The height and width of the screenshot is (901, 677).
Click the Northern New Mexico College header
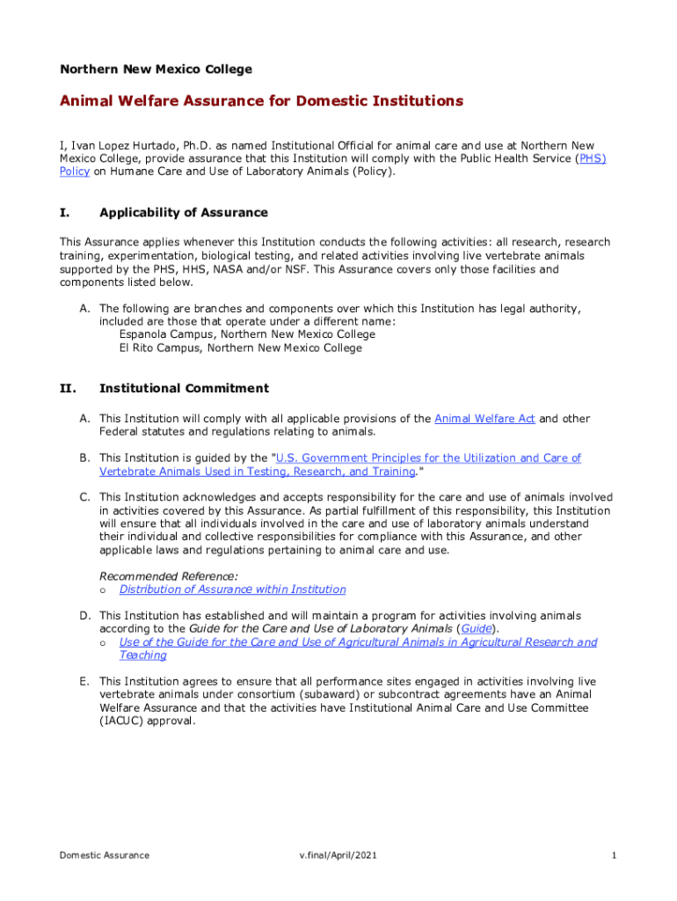click(x=156, y=69)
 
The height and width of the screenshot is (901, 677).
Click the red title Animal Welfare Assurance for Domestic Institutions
click(x=261, y=101)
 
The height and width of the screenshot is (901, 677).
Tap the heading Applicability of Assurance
click(x=184, y=213)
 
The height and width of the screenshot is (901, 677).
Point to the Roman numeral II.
click(x=68, y=388)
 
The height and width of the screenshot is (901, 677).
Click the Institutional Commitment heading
click(x=184, y=388)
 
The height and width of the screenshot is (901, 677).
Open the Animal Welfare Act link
click(x=484, y=419)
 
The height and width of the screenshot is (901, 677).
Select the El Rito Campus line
click(x=240, y=348)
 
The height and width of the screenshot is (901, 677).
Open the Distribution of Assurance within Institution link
click(x=232, y=590)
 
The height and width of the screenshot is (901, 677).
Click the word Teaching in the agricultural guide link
click(x=142, y=656)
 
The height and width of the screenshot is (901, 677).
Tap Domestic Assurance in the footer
click(x=104, y=855)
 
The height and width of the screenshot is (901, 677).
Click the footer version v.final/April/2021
click(x=338, y=855)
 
